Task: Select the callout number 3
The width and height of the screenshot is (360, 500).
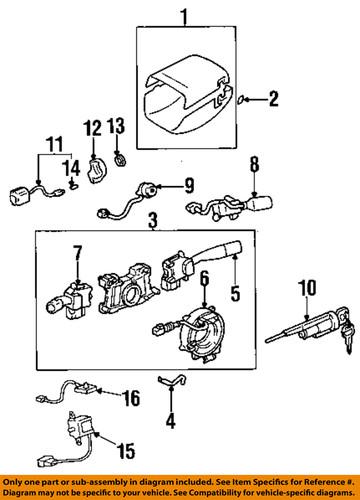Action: tap(152, 219)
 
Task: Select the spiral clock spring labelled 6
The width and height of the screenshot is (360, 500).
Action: tap(206, 330)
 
